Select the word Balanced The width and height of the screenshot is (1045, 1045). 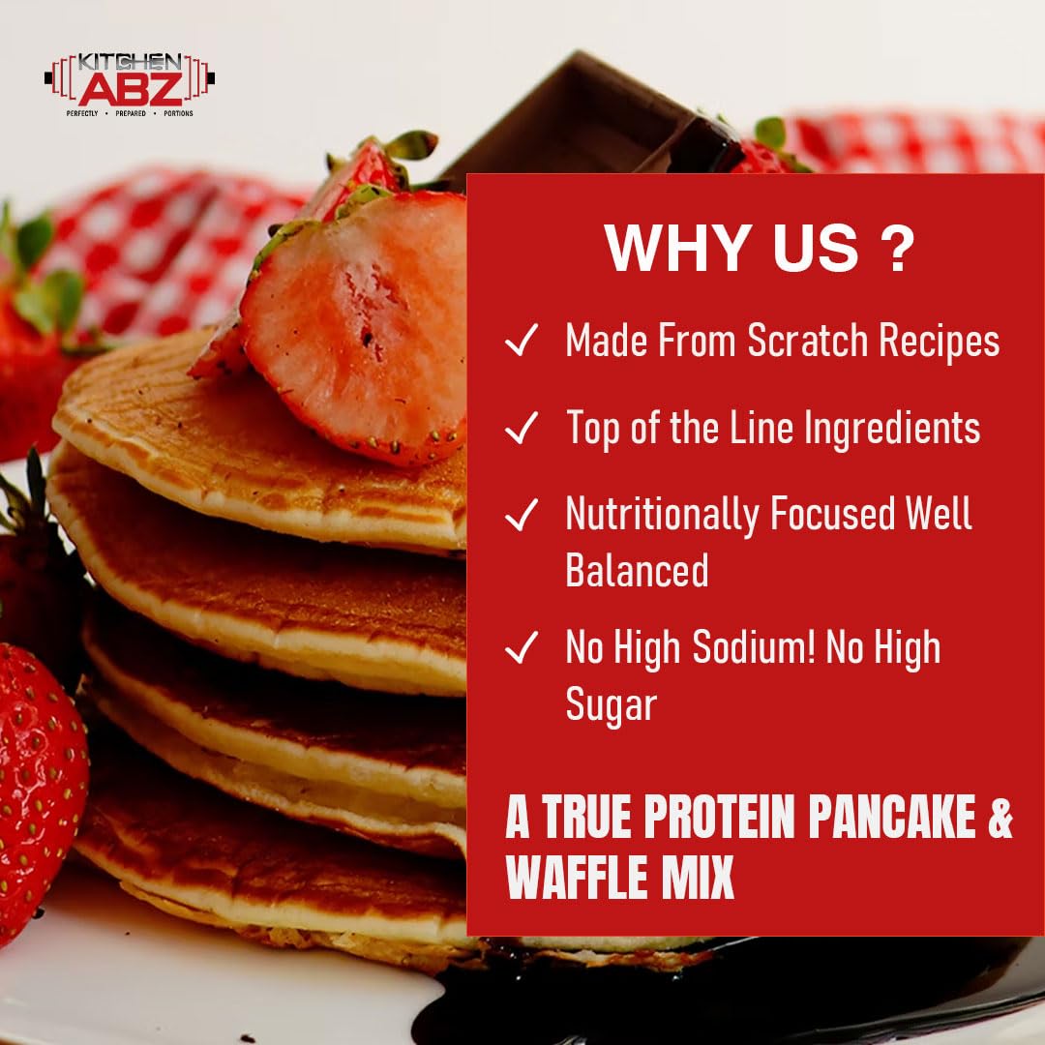tap(637, 570)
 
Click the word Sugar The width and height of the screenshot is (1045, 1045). tap(612, 705)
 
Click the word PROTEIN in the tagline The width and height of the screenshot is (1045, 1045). tap(703, 820)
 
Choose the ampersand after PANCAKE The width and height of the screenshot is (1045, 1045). tap(1000, 820)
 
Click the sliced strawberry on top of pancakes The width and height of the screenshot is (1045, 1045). tap(358, 319)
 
